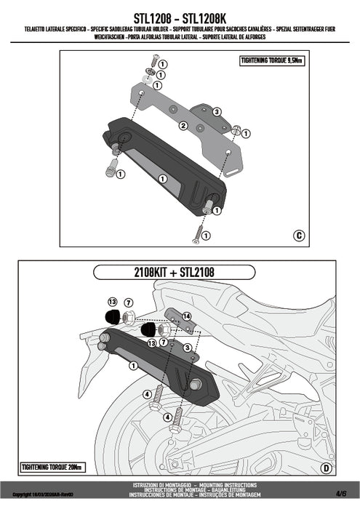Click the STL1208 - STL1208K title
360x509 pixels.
(x=180, y=15)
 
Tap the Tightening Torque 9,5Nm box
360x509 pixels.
(x=271, y=61)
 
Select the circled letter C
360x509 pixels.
(x=299, y=235)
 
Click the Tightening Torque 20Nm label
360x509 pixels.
(x=52, y=466)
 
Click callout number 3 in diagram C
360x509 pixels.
(x=216, y=111)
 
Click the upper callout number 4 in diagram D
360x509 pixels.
(x=148, y=393)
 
